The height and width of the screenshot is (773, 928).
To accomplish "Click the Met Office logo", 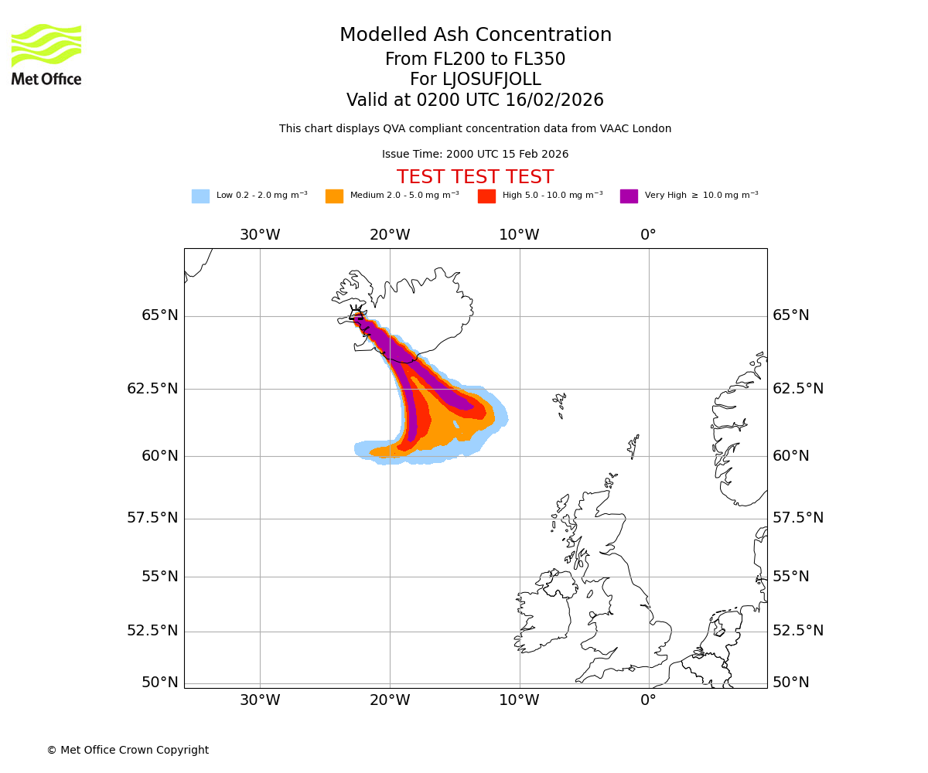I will (46, 54).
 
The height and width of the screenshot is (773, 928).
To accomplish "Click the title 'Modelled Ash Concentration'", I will (476, 36).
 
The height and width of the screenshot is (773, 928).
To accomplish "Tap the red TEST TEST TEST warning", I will (476, 177).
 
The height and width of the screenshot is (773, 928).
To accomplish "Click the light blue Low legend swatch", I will (200, 196).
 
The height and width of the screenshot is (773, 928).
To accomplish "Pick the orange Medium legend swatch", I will (334, 196).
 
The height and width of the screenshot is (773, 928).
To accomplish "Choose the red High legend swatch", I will (486, 196).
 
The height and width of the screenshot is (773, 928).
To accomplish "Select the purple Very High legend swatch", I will (629, 196).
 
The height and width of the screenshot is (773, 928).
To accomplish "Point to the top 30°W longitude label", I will (260, 235).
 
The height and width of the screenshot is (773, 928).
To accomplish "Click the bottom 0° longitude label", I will (648, 700).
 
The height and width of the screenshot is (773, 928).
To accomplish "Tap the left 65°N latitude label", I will (159, 315).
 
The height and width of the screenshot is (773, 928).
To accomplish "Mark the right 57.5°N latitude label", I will (798, 518).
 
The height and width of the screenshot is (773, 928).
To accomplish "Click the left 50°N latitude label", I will (159, 683).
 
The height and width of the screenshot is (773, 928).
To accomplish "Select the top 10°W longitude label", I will (519, 235).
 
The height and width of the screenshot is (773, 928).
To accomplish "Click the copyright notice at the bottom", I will (128, 751).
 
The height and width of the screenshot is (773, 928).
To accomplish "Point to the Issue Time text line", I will (476, 155).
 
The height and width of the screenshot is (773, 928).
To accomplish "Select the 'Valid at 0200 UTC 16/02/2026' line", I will (476, 100).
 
